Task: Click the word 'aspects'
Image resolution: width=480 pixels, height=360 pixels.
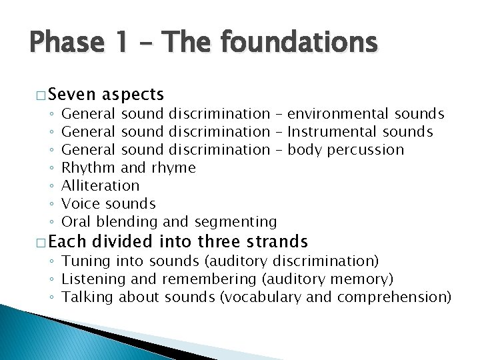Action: pyautogui.click(x=133, y=95)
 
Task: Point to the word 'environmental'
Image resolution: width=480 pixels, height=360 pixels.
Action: pyautogui.click(x=339, y=114)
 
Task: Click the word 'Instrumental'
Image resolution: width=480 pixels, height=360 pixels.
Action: pyautogui.click(x=331, y=132)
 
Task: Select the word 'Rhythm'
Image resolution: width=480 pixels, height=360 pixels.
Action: pyautogui.click(x=88, y=167)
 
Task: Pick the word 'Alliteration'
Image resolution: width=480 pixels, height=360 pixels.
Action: pyautogui.click(x=101, y=185)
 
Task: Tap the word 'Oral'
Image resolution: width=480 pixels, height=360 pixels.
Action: pyautogui.click(x=77, y=221)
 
